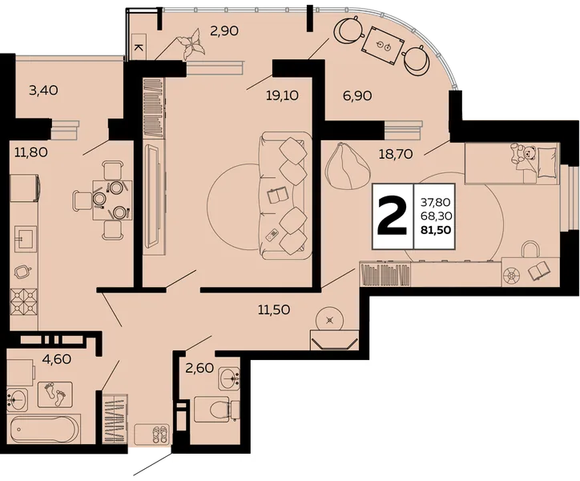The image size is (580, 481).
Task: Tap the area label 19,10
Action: (282, 96)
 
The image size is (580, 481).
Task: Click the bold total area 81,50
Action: (436, 230)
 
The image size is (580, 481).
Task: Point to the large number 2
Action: (392, 216)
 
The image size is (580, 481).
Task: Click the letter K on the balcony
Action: (139, 47)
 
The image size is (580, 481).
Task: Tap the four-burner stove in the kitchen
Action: (24, 301)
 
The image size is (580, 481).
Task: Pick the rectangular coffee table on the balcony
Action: (384, 46)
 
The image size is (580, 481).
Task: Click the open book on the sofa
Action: (277, 196)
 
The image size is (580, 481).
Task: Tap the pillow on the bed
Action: (547, 162)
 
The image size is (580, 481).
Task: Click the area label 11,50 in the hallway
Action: (274, 309)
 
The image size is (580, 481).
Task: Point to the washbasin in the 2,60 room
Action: (229, 378)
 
